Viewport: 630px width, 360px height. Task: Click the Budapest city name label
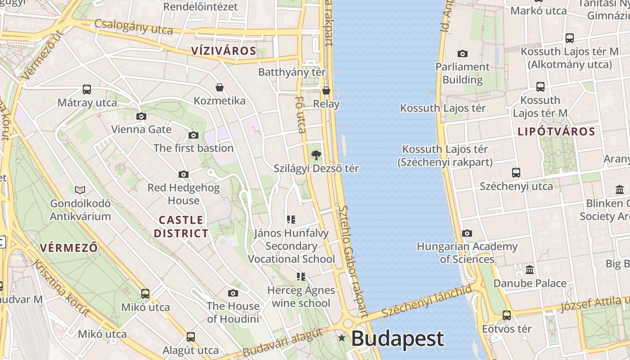(397, 338)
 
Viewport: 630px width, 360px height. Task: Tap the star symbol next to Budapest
(342, 338)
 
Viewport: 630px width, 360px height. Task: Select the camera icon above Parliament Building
(462, 54)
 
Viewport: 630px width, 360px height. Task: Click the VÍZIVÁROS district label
(224, 51)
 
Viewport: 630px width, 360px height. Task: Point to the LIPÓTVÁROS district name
(557, 132)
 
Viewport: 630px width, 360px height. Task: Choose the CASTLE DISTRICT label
(181, 226)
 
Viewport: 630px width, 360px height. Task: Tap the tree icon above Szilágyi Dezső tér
(316, 155)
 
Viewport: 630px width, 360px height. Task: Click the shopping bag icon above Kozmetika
(220, 87)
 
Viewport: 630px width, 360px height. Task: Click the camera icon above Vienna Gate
(141, 116)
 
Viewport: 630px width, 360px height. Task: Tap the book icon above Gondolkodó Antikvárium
(80, 190)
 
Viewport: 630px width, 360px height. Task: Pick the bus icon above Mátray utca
(87, 90)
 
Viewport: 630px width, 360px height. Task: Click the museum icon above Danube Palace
(530, 270)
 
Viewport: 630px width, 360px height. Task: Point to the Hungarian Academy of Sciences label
(467, 253)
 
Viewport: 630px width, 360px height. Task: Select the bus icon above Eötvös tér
(507, 315)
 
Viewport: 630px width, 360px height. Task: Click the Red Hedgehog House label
(184, 194)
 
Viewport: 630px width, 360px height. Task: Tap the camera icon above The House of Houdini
(233, 293)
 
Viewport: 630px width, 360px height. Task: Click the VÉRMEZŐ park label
(69, 247)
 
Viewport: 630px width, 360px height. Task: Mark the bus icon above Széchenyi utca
(516, 172)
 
